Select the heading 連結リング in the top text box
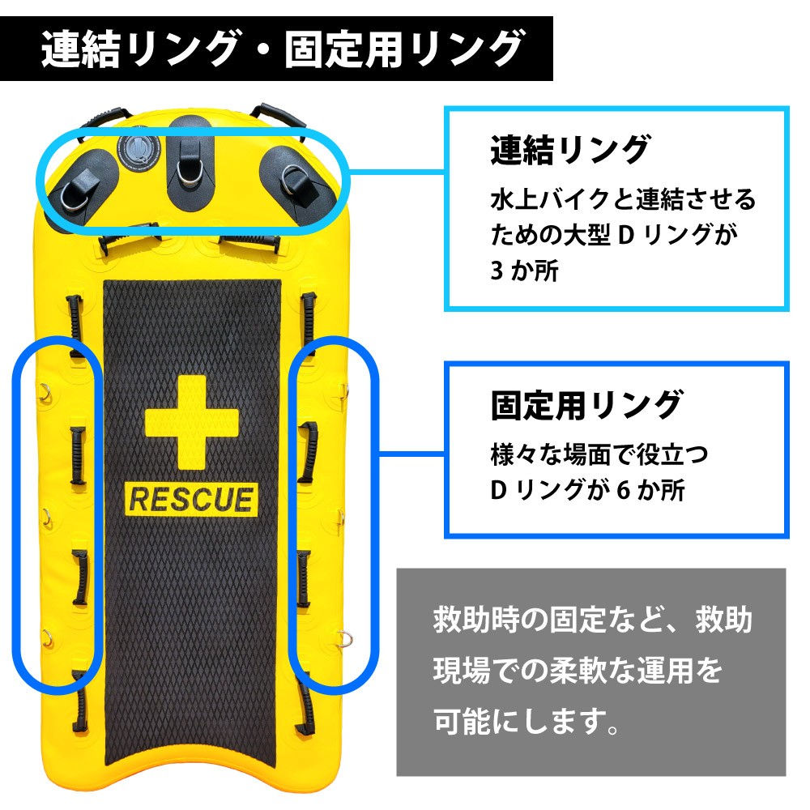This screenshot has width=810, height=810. pos(570,151)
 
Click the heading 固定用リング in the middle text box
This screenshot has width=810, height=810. pos(586,404)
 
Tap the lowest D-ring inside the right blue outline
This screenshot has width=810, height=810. pos(343,634)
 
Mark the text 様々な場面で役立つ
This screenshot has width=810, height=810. pos(599,454)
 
